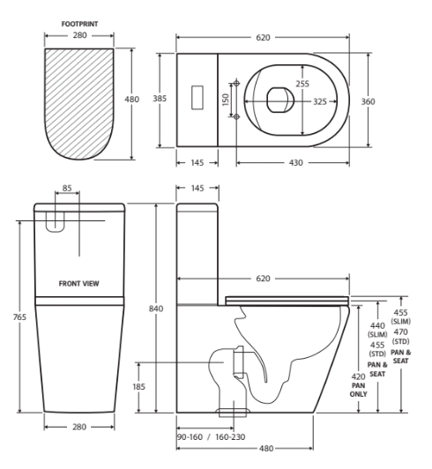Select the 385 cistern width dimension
point(160,99)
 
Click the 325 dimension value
point(319,101)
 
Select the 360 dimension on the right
point(368,101)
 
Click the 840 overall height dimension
point(157,308)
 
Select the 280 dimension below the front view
point(79,427)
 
